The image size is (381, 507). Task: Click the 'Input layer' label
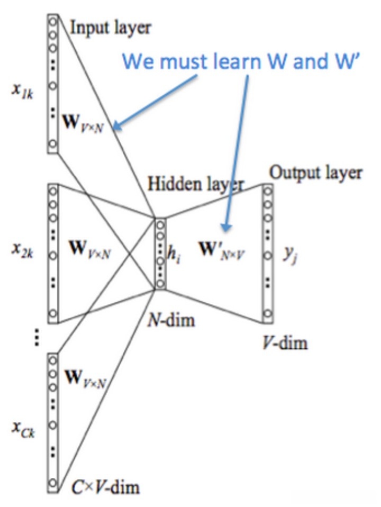tap(111, 28)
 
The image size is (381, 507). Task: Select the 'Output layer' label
tap(316, 173)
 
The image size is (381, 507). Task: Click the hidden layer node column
tap(160, 253)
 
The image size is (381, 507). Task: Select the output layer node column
tap(268, 253)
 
